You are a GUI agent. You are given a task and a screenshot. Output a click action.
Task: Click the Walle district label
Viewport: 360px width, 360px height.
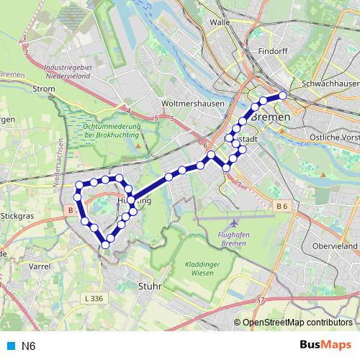219,22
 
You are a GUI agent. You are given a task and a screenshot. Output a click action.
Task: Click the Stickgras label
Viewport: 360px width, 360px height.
19,215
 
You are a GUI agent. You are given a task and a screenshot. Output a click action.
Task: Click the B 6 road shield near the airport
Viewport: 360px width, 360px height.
282,206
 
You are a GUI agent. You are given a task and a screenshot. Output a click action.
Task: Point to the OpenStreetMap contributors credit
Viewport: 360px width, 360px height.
296,323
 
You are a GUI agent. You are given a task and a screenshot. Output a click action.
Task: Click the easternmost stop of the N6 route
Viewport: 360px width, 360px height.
283,95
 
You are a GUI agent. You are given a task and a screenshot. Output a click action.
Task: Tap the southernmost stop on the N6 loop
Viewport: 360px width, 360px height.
106,245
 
